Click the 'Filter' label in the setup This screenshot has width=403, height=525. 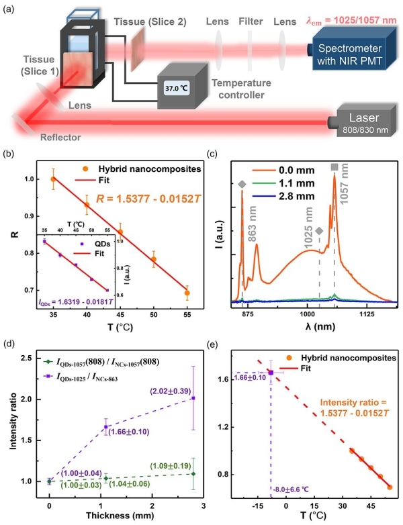(250, 21)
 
